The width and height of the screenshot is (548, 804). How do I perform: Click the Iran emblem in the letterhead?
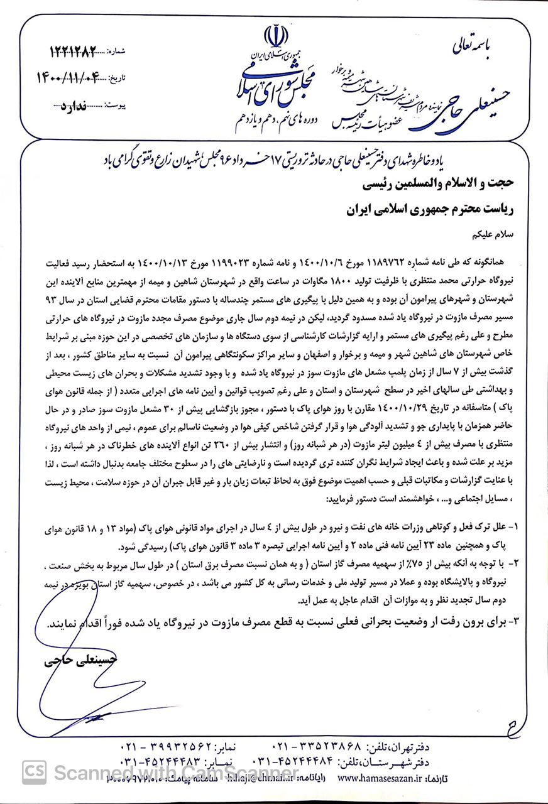[275, 36]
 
